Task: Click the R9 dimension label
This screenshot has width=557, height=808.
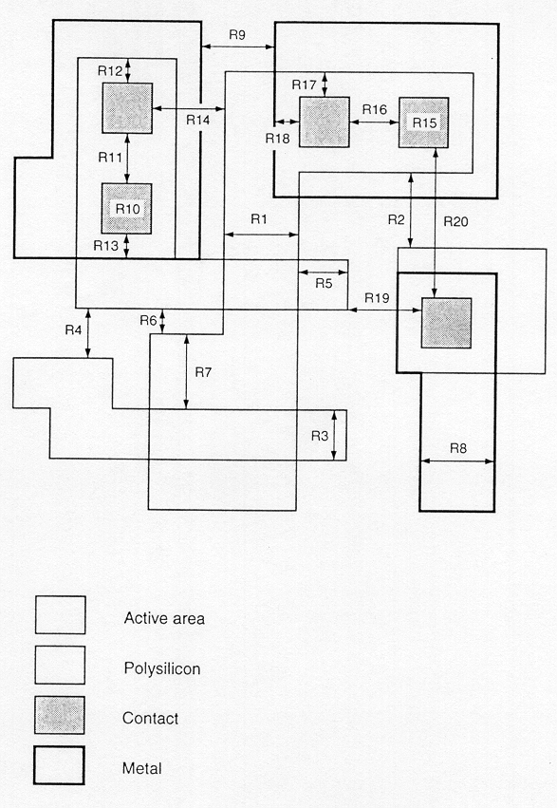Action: tap(237, 35)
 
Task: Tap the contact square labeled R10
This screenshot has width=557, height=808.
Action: tap(126, 209)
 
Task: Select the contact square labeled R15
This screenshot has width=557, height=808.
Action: tap(423, 122)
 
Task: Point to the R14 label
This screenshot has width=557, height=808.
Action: tap(198, 120)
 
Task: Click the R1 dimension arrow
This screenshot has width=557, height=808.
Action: tap(262, 235)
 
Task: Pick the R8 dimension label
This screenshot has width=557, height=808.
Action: tap(458, 448)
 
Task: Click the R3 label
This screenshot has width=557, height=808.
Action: tap(320, 436)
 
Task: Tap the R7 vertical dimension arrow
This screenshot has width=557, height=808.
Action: tap(186, 371)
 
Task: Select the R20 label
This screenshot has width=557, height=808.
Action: tap(456, 221)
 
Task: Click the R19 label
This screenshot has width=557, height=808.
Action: tap(377, 298)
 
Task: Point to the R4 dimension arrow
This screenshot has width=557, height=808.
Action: tap(88, 333)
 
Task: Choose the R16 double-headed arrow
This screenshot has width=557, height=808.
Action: tap(374, 122)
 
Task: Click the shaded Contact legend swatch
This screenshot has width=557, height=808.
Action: tap(60, 715)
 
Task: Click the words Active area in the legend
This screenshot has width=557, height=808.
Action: tap(164, 618)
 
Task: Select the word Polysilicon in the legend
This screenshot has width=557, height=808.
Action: tap(162, 668)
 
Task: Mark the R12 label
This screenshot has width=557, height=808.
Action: tap(110, 71)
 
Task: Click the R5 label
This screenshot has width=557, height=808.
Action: tap(324, 284)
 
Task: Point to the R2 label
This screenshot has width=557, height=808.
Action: tap(397, 220)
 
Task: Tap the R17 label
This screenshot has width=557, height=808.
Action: tap(304, 85)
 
